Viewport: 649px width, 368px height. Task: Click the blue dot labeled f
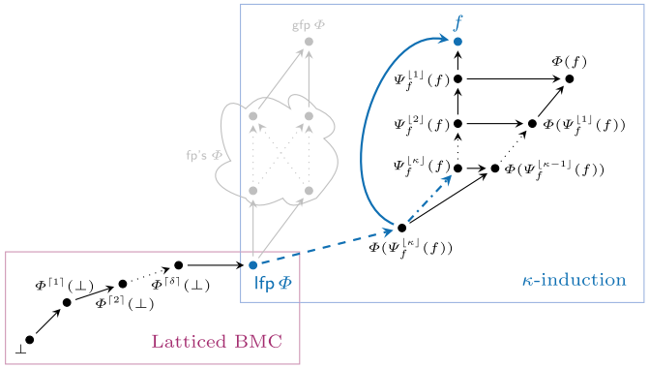[457, 42]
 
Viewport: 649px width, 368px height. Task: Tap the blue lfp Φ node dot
[252, 264]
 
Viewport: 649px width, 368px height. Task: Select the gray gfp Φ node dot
[309, 42]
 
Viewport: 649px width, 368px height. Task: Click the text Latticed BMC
[216, 341]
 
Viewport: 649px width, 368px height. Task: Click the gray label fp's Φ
[204, 154]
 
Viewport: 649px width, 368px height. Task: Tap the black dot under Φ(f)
[570, 78]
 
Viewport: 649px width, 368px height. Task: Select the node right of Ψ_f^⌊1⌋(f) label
[457, 78]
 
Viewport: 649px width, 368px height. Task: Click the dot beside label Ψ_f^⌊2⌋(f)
[457, 123]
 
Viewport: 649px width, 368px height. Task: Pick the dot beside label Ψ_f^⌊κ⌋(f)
[457, 168]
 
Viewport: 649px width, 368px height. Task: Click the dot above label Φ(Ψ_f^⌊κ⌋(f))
[401, 228]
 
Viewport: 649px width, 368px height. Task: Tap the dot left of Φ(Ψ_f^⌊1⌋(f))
[532, 123]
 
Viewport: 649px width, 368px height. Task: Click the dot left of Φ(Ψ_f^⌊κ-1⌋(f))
[495, 168]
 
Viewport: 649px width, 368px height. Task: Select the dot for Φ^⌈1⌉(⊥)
[67, 302]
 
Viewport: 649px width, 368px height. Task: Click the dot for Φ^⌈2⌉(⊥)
[123, 284]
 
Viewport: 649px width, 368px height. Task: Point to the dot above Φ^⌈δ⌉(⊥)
[179, 264]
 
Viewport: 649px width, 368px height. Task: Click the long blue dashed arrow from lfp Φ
[324, 248]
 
